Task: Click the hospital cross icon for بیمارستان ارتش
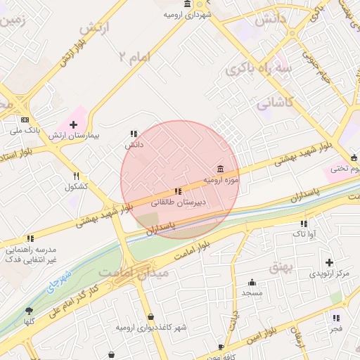pos(73,124)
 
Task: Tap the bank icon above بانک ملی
pos(25,120)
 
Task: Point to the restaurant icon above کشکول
pos(76,176)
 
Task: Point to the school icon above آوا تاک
pos(304,223)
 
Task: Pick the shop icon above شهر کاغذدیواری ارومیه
pos(152,318)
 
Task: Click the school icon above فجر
pos(336,318)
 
